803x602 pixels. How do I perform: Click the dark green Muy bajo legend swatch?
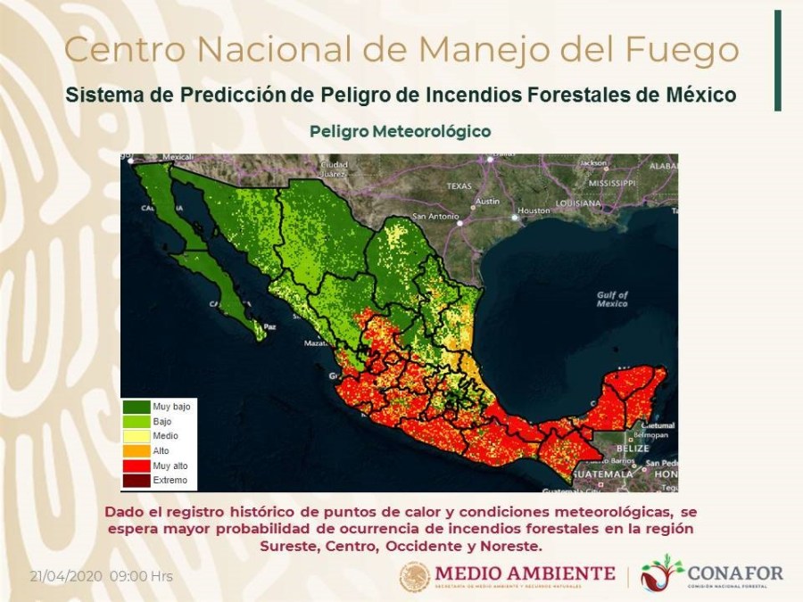[x=136, y=407]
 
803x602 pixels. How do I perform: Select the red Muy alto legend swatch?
[x=136, y=466]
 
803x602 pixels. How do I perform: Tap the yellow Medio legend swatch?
[x=136, y=436]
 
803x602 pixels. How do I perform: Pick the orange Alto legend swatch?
[x=136, y=451]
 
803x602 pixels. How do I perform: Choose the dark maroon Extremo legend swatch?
[x=136, y=481]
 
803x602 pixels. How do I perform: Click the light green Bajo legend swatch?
[x=136, y=421]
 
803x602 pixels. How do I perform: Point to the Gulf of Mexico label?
[x=612, y=300]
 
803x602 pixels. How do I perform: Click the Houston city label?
[x=534, y=210]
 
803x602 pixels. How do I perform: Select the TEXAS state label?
[x=459, y=186]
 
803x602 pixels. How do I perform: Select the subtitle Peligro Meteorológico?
[x=401, y=131]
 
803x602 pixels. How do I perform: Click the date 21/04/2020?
[x=68, y=575]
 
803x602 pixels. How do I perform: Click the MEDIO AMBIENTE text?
[x=525, y=573]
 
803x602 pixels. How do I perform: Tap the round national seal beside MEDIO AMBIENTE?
[x=415, y=576]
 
